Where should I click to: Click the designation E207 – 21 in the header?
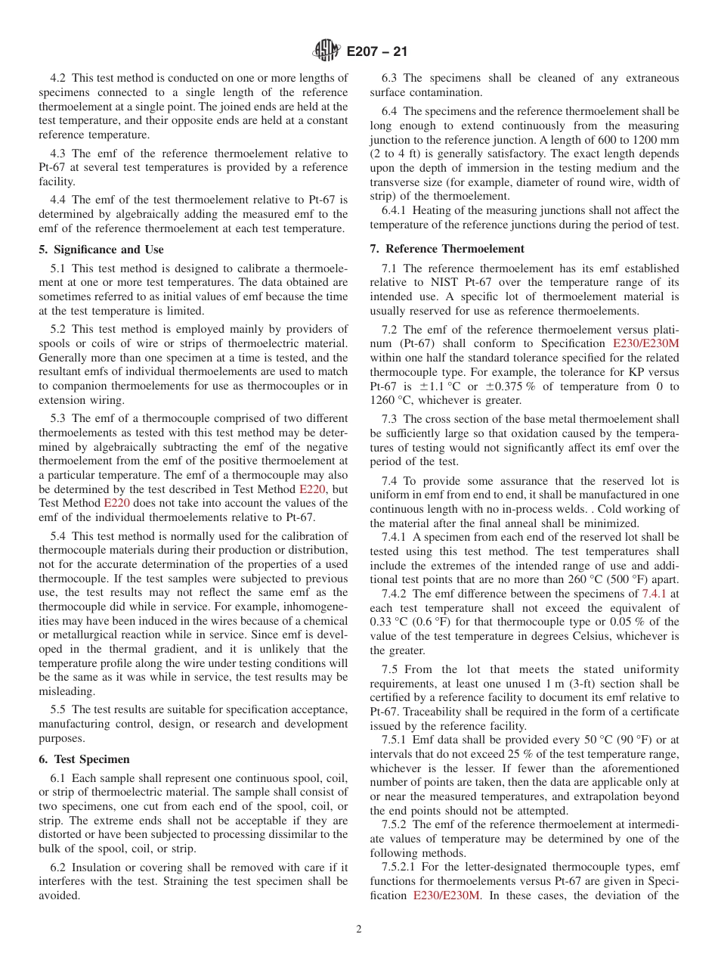[x=376, y=51]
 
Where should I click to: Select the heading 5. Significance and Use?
[x=101, y=250]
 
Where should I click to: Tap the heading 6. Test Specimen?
[x=84, y=759]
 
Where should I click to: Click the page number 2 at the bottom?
[x=359, y=929]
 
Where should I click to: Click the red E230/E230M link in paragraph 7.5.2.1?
[x=446, y=895]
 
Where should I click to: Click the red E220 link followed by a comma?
[x=312, y=489]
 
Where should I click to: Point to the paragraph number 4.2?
[x=58, y=78]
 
